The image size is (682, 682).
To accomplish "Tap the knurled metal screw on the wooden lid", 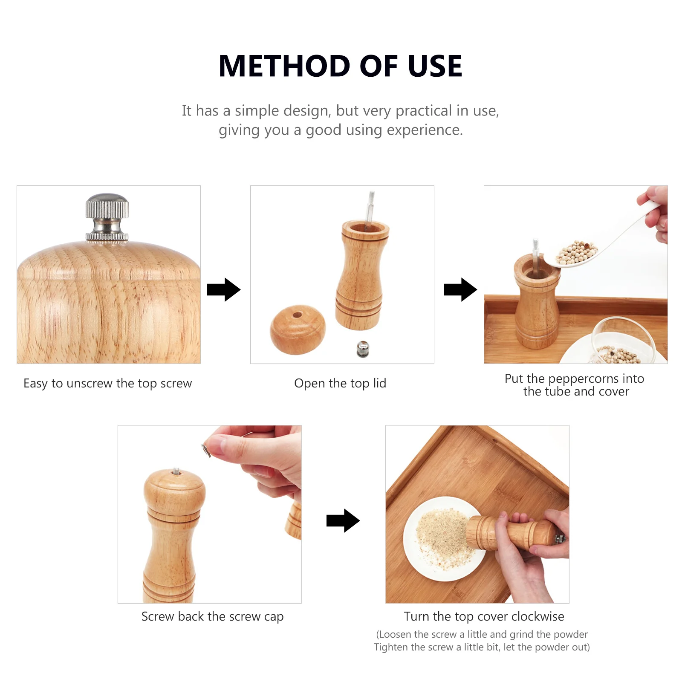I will [x=107, y=217].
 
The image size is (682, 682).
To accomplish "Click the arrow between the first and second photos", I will [x=224, y=290].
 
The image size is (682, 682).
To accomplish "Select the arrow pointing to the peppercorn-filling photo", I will [x=460, y=290].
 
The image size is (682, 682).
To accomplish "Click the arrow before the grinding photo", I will [x=343, y=520].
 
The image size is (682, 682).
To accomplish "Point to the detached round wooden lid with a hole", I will [x=298, y=329].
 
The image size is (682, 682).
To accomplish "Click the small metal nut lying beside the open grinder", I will [x=363, y=350].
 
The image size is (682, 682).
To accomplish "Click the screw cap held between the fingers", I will [x=206, y=450].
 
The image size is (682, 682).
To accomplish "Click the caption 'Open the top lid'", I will [x=340, y=383].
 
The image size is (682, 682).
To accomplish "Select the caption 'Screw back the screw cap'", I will [x=212, y=616].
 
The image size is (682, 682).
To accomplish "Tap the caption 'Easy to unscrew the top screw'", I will [x=108, y=383].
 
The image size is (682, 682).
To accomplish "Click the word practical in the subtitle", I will [x=424, y=111].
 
